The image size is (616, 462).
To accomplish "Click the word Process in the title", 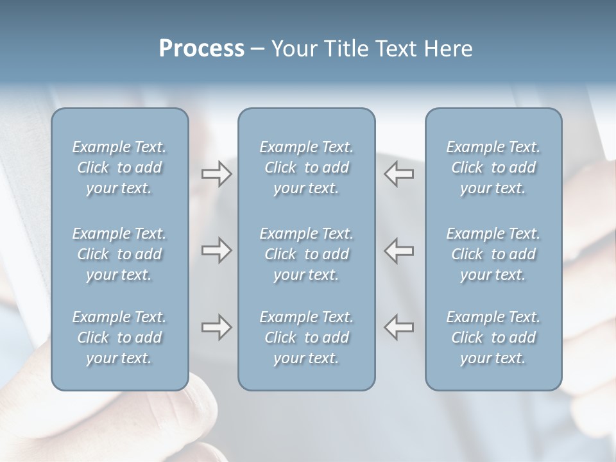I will pyautogui.click(x=201, y=49).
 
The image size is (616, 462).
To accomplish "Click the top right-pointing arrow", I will pyautogui.click(x=217, y=174).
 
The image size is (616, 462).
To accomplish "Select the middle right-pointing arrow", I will pyautogui.click(x=217, y=250).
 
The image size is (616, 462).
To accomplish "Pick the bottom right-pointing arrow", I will pyautogui.click(x=217, y=327).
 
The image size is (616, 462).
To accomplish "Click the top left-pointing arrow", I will pyautogui.click(x=399, y=174).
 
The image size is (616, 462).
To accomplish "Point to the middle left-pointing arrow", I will pyautogui.click(x=399, y=250).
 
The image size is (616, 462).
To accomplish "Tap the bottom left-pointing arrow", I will pyautogui.click(x=399, y=327).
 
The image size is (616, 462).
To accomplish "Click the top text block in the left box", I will pyautogui.click(x=119, y=167).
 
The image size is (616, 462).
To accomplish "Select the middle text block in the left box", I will pyautogui.click(x=119, y=254).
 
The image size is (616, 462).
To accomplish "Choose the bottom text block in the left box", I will pyautogui.click(x=119, y=338).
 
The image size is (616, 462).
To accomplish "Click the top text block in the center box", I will pyautogui.click(x=307, y=167).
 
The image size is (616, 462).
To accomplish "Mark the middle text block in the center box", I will pyautogui.click(x=307, y=254).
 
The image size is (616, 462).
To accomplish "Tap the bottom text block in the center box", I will pyautogui.click(x=307, y=338).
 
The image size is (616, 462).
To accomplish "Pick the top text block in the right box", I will pyautogui.click(x=493, y=167).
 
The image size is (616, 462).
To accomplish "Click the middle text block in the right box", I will pyautogui.click(x=493, y=254).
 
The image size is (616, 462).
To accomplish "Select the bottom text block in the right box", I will pyautogui.click(x=493, y=338).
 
